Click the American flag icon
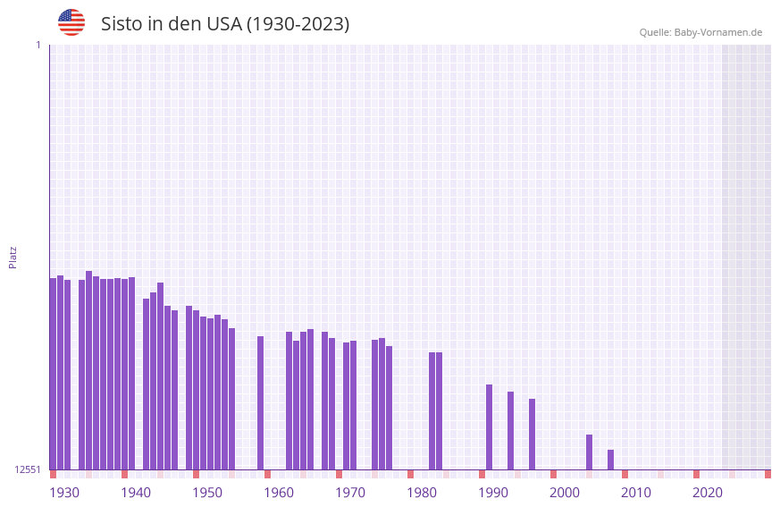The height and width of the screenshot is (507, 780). pos(71,22)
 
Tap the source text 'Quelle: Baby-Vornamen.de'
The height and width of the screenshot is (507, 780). pos(700,32)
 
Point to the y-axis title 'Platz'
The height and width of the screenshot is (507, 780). pos(13,257)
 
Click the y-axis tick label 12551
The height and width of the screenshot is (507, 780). pos(28,469)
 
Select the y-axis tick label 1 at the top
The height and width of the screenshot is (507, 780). pos(38,45)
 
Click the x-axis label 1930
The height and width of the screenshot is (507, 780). pos(64,493)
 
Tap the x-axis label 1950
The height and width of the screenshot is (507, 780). pos(207,493)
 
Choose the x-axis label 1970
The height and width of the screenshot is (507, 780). pos(350,493)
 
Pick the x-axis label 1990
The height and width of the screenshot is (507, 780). pos(493,493)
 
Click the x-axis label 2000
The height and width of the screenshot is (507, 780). pos(565,493)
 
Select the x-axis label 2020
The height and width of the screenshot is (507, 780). pos(708,493)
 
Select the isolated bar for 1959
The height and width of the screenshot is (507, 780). pos(260,402)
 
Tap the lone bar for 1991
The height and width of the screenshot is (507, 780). pos(489,427)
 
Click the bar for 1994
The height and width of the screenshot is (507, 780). pos(510,430)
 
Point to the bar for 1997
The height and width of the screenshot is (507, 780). pos(532,434)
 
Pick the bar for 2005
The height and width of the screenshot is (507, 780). pos(589,452)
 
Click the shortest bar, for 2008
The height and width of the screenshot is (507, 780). pos(610,460)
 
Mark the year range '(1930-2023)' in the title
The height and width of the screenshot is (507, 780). pos(298,24)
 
